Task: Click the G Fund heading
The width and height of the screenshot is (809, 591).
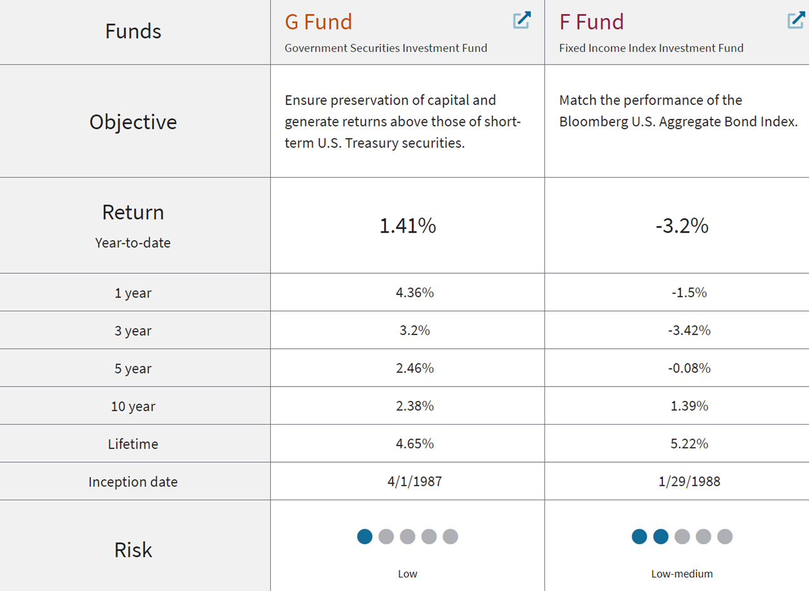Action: click(318, 22)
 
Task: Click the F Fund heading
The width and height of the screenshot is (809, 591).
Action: click(591, 22)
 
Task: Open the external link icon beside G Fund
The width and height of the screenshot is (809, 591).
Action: click(522, 20)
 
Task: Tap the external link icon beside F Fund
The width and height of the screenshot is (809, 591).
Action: click(796, 20)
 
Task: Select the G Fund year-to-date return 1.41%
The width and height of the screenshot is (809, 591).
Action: click(407, 225)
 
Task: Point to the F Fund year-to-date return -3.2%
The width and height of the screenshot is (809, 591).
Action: click(682, 225)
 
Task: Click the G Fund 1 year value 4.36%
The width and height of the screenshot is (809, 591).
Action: click(414, 293)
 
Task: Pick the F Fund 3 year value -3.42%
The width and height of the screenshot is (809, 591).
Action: click(689, 330)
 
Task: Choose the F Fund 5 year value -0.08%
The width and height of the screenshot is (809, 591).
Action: click(689, 368)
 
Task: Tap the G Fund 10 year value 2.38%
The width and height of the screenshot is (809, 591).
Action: click(414, 406)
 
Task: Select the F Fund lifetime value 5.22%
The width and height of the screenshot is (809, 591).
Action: click(689, 444)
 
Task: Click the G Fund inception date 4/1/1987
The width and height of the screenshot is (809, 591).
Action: click(414, 482)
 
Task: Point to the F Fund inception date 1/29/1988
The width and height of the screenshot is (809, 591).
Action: click(689, 482)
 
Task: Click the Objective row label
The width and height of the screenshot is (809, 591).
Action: click(133, 122)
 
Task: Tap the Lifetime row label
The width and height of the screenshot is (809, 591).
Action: click(133, 444)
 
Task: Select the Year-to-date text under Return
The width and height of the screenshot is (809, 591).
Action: click(133, 243)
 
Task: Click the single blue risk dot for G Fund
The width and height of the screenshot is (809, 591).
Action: click(365, 537)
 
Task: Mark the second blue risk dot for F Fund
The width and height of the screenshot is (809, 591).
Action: click(661, 537)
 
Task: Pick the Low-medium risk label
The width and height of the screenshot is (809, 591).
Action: click(682, 573)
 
